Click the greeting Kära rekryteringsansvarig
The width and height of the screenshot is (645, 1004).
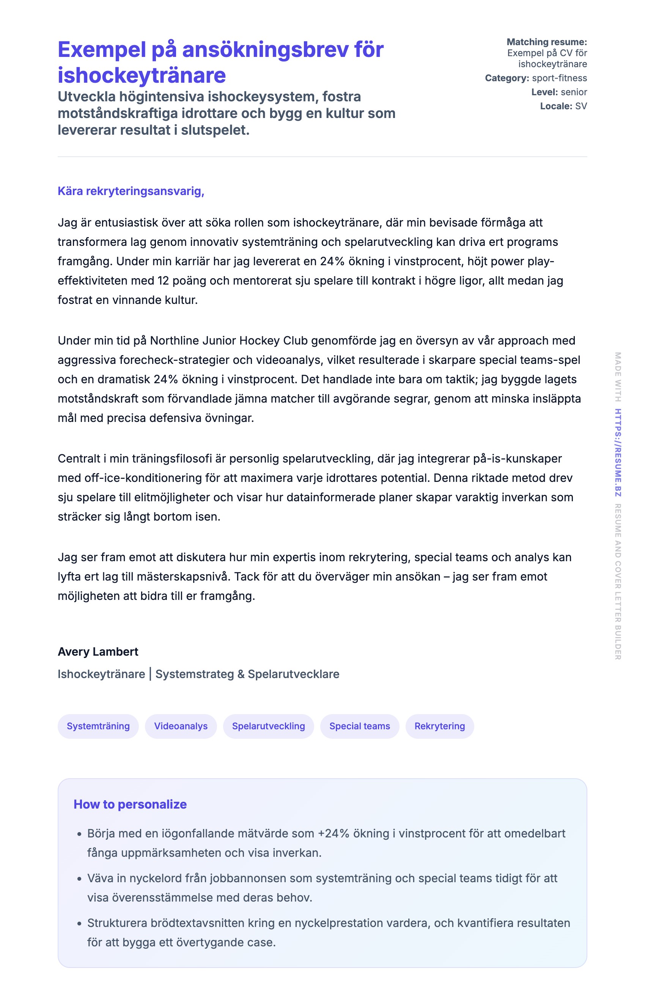point(131,191)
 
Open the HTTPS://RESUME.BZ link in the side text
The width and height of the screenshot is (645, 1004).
point(618,452)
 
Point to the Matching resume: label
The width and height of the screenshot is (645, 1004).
point(547,42)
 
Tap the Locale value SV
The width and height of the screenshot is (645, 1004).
point(581,106)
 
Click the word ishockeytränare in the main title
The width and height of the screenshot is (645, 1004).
point(142,76)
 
